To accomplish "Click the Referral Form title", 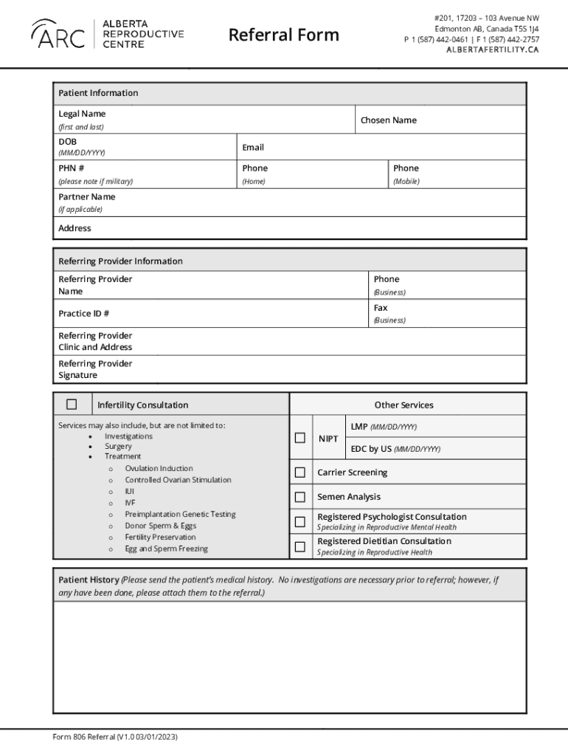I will tap(283, 35).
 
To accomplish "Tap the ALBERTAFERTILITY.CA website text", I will tap(492, 49).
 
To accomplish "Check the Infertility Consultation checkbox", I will tap(72, 404).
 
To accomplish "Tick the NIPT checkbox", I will tap(300, 438).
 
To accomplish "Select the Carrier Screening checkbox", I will tap(300, 472).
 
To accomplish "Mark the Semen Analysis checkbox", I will tap(300, 497).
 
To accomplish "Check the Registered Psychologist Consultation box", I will tap(300, 521).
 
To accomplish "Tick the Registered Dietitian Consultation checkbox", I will tap(300, 546).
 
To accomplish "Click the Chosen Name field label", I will tap(388, 120).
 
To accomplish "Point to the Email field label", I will tap(253, 148).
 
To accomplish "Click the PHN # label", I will tap(71, 168).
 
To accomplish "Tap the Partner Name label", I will tap(86, 197).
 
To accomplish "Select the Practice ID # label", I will tap(83, 314).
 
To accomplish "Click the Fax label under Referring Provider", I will tap(380, 308).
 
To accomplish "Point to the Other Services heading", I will tap(404, 405).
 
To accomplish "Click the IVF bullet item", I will tap(130, 503).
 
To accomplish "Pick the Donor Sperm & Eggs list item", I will tap(160, 526).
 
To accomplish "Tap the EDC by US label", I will tap(371, 449).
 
